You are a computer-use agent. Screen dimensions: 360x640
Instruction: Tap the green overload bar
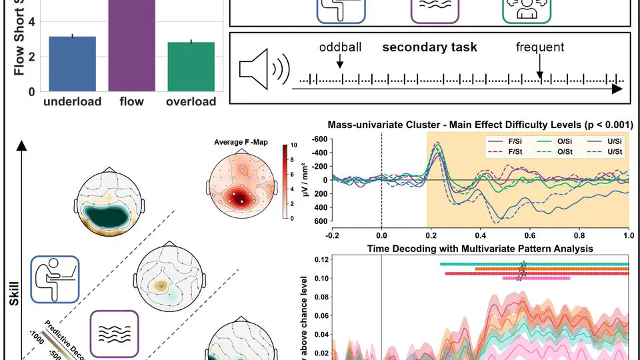coord(191,66)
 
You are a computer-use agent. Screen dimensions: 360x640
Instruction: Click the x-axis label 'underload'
coord(72,102)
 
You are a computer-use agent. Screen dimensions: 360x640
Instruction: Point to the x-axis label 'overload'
coord(191,102)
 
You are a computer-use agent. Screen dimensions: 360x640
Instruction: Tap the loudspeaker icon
coord(263,69)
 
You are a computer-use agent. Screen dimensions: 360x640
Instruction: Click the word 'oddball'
coord(340,47)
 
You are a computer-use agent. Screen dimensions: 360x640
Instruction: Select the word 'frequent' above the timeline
coord(539,47)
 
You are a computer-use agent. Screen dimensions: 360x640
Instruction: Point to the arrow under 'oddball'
coord(340,62)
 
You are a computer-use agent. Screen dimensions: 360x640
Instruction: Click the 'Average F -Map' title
coord(243,142)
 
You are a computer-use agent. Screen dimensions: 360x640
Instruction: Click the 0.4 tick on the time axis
coord(480,235)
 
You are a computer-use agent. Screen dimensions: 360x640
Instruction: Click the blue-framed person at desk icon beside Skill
coord(55,278)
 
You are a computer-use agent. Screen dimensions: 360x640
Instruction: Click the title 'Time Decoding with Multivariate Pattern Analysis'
coord(479,248)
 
